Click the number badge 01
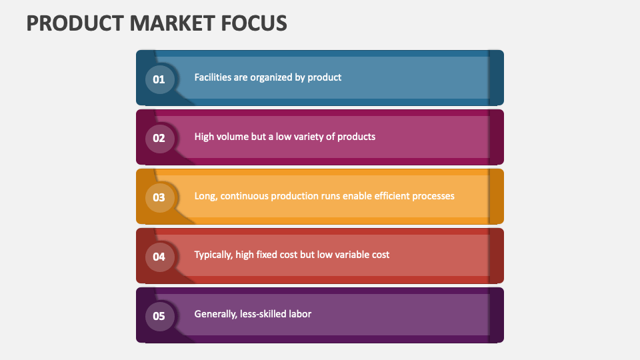[x=159, y=79]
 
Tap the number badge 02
[x=159, y=139]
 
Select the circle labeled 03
[x=159, y=197]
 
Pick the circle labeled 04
[x=159, y=257]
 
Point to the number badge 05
[x=159, y=316]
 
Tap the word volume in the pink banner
[x=233, y=137]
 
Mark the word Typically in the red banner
[x=213, y=255]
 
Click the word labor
[x=300, y=314]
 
